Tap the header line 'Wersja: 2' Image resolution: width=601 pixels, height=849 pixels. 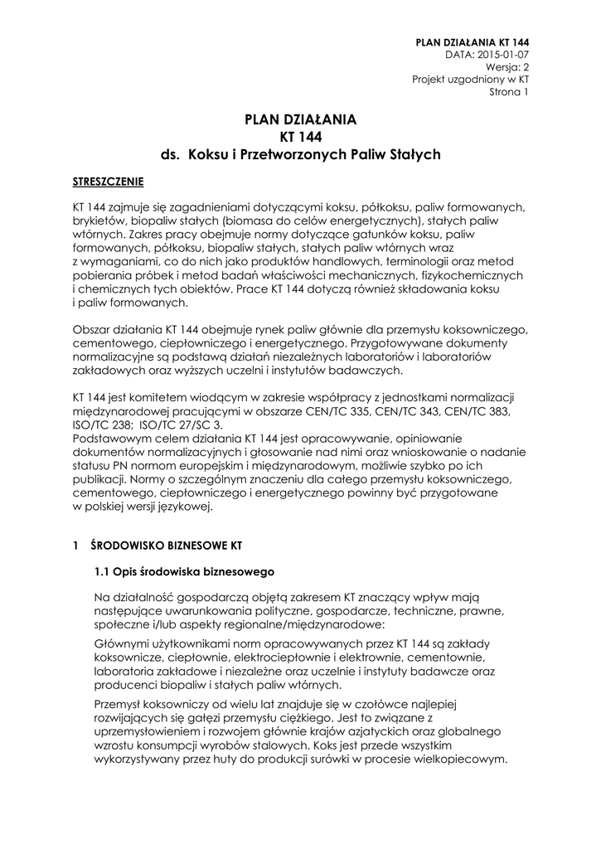tap(507, 66)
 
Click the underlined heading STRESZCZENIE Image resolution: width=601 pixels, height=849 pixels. tap(108, 181)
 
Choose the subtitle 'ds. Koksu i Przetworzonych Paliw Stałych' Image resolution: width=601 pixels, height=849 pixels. tap(300, 154)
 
